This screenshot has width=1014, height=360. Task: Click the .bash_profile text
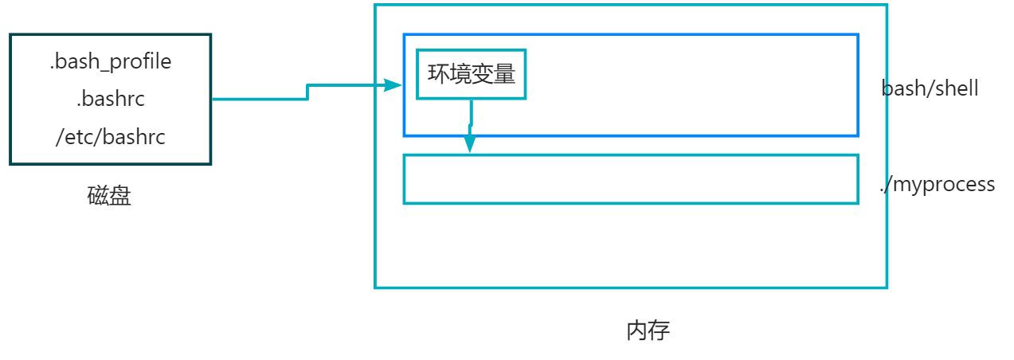(110, 61)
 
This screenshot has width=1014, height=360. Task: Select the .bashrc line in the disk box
(110, 100)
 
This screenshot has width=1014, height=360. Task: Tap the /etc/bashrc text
(110, 137)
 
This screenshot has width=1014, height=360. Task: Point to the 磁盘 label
(109, 197)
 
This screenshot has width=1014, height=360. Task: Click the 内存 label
(648, 331)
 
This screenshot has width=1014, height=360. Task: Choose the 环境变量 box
(471, 75)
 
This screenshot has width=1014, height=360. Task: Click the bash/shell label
(930, 88)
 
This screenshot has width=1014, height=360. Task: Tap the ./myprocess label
(937, 185)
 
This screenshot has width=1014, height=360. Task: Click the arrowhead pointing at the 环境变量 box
(393, 85)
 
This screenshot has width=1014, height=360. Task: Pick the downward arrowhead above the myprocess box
(470, 144)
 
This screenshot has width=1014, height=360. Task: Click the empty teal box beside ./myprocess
(630, 179)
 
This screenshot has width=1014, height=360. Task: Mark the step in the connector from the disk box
(307, 92)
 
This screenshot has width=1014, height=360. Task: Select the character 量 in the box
(504, 75)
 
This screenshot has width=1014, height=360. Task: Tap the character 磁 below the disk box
(98, 197)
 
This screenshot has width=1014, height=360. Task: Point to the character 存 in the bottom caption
(659, 331)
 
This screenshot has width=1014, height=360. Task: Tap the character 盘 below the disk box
(120, 197)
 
